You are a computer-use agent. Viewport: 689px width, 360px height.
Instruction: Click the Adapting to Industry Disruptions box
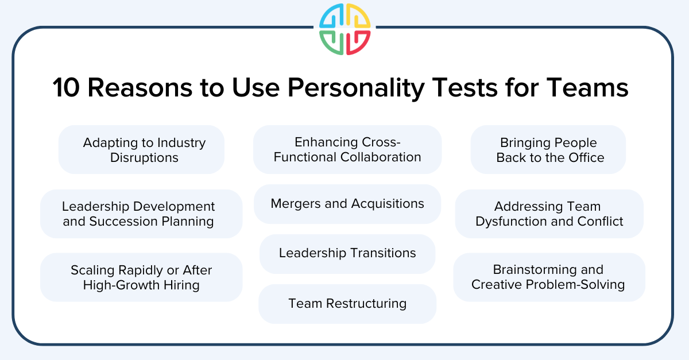(141, 150)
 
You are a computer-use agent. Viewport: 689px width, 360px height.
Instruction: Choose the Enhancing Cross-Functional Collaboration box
(347, 150)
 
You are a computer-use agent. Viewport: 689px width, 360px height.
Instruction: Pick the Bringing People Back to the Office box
(548, 150)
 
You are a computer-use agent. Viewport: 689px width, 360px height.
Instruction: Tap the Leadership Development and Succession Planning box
(141, 214)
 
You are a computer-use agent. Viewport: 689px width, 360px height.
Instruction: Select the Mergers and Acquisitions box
(347, 204)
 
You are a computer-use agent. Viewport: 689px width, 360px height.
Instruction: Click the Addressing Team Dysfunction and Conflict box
(549, 214)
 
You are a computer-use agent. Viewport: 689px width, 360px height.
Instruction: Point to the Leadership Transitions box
(347, 253)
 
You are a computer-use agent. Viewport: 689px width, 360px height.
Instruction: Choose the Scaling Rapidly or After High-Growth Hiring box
(141, 277)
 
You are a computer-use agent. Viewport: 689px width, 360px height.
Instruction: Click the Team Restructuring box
(347, 304)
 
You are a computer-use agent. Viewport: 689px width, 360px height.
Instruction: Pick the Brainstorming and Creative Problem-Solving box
(549, 277)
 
